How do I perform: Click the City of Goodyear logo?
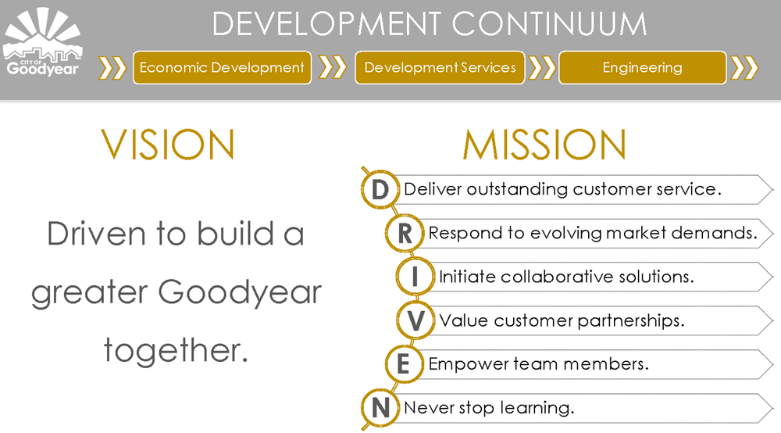click(x=42, y=42)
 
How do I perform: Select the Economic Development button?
click(x=222, y=67)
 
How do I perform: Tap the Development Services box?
click(x=440, y=67)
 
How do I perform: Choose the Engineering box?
click(x=643, y=67)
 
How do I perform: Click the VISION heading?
click(x=168, y=145)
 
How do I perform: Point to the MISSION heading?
click(x=544, y=145)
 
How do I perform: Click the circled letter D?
click(x=380, y=189)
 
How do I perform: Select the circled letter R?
click(x=405, y=233)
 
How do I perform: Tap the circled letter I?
click(x=415, y=277)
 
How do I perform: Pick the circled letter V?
click(x=415, y=320)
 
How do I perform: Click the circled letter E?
click(x=404, y=363)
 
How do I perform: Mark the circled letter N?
click(x=380, y=407)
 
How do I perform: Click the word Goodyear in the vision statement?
click(x=240, y=293)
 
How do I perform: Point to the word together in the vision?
click(x=176, y=350)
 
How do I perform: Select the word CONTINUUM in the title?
click(x=549, y=23)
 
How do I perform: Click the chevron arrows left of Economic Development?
click(x=112, y=68)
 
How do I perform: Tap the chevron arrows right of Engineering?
click(x=744, y=68)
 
